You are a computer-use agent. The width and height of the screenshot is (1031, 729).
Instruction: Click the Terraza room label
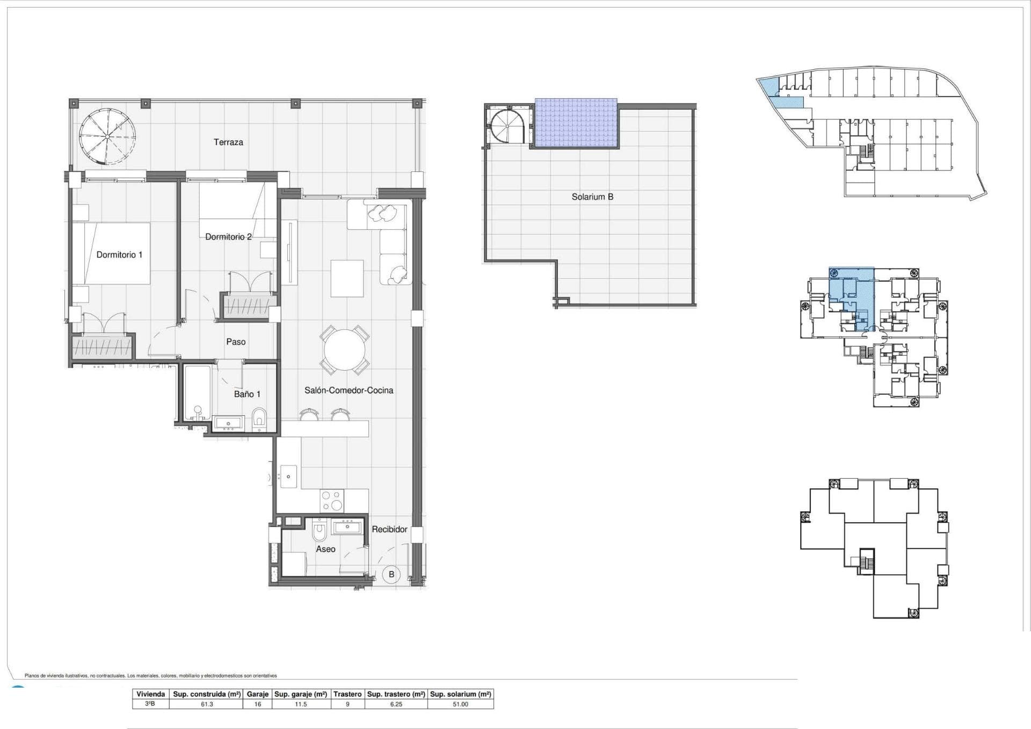tap(228, 142)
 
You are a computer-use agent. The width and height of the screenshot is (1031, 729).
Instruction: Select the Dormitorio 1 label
tap(119, 255)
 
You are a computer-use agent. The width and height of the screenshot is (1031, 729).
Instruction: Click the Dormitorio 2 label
tap(228, 237)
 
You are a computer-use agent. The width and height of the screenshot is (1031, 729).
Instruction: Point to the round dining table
tap(344, 350)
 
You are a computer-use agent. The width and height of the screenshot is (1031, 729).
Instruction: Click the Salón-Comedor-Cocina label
tap(348, 391)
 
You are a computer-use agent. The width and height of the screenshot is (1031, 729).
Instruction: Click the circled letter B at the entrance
tap(391, 574)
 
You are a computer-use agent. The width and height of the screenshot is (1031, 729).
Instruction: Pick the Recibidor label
tap(389, 529)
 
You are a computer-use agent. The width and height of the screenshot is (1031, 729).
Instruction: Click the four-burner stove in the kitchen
tap(332, 501)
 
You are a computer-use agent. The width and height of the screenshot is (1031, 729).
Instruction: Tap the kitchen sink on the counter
tap(289, 476)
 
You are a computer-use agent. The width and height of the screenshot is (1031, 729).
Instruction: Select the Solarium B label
tap(592, 197)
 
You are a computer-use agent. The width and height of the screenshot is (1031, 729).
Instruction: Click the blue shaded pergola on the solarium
tap(576, 124)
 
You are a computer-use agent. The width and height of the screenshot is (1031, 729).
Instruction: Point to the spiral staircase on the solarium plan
tap(507, 126)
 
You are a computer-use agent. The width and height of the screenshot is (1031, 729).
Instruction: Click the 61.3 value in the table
tap(207, 704)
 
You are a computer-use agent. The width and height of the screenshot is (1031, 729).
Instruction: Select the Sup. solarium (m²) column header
tap(460, 694)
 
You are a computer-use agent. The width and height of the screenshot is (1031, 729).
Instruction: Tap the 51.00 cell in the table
tap(460, 704)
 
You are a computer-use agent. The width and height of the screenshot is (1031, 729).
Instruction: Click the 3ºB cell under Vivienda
tap(150, 704)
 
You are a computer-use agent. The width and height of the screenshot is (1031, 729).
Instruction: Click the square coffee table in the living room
tap(347, 278)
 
